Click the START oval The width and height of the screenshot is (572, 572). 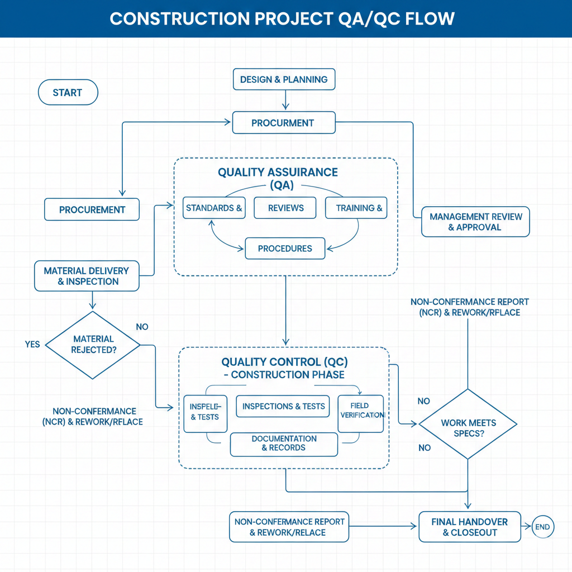click(68, 93)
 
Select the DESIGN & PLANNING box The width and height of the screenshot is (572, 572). click(284, 79)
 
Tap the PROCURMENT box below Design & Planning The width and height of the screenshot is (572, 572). click(284, 123)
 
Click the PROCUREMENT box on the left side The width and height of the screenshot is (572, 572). click(92, 209)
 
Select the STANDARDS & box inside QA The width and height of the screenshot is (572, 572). click(214, 208)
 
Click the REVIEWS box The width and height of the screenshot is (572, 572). click(285, 208)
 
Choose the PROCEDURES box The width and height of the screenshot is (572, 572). click(285, 249)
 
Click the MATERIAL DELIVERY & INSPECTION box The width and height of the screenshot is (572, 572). click(87, 276)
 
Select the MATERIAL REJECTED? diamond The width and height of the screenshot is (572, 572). click(93, 344)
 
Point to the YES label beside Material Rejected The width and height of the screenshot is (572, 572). click(32, 344)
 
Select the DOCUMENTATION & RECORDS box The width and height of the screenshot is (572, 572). click(284, 443)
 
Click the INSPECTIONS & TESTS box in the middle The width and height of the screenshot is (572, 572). click(284, 406)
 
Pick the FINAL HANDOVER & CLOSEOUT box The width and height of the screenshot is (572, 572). click(469, 527)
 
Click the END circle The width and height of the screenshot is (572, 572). click(542, 527)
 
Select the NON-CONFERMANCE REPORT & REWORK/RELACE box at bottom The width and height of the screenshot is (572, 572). click(289, 527)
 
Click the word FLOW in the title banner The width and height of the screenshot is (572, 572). click(431, 18)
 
